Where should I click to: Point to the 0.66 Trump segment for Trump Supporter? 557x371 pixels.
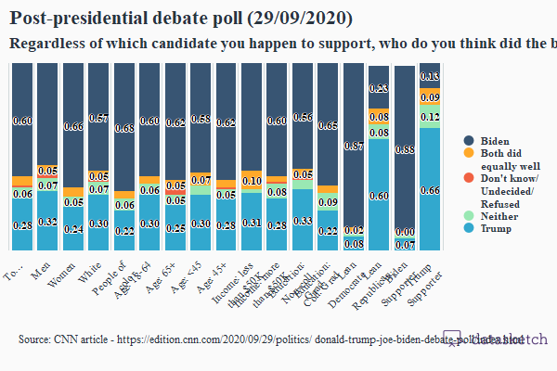[x=429, y=189]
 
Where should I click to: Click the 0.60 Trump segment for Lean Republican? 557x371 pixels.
[x=378, y=195]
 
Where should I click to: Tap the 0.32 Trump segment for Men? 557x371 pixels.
[x=48, y=222]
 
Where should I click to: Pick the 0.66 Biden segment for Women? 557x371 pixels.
[x=73, y=126]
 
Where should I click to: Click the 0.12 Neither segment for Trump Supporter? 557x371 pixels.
[x=429, y=117]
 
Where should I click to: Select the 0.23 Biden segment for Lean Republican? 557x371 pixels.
[x=378, y=88]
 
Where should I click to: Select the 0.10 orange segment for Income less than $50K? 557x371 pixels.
[x=251, y=181]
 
